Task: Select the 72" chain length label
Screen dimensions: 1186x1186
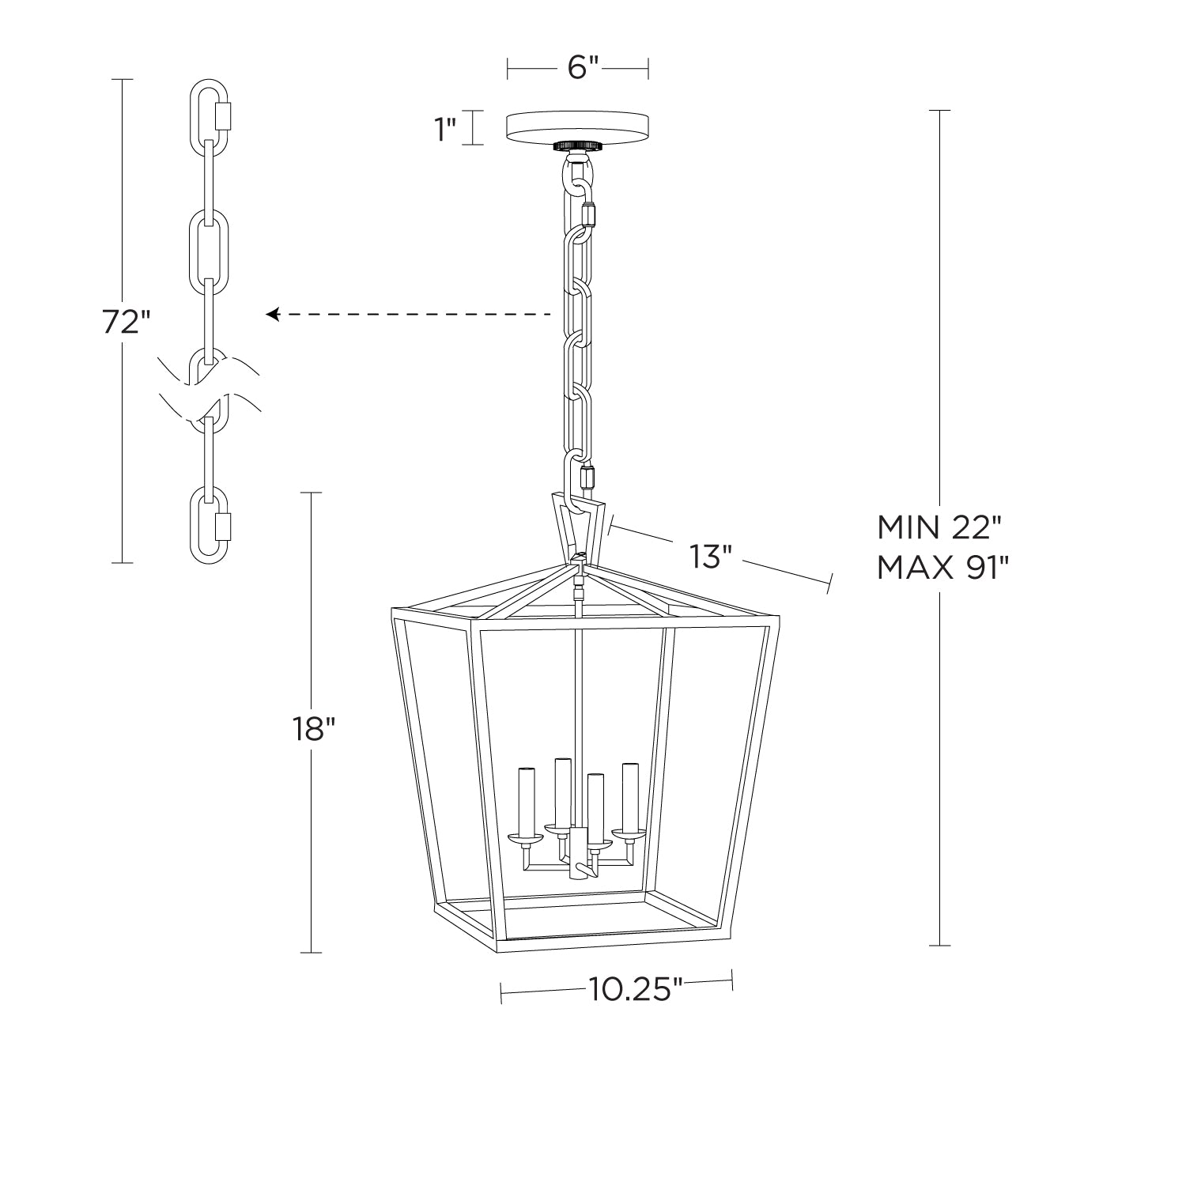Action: coord(125,322)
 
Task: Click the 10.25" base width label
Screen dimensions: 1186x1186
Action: coord(635,988)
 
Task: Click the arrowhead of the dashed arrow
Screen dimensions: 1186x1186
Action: coord(272,315)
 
